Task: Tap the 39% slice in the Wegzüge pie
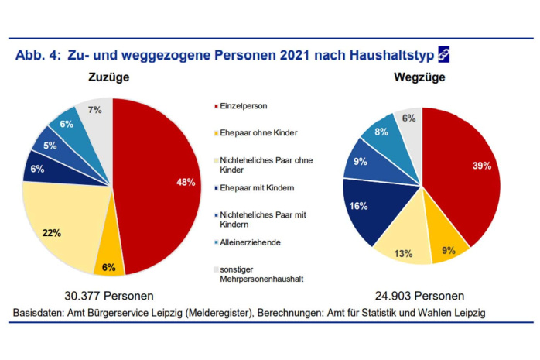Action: click(464, 170)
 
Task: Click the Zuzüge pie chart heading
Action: click(108, 78)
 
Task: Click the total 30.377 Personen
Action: click(108, 295)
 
